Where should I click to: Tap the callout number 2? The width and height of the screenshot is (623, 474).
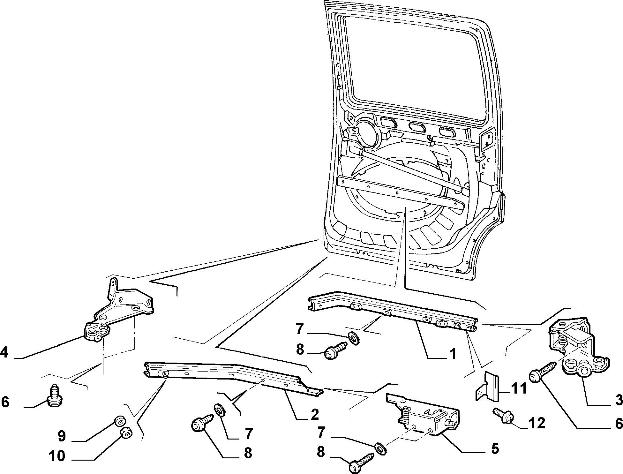[x=314, y=414]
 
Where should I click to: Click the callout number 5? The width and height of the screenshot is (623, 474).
[x=494, y=449]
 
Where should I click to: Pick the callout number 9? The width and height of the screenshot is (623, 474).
[x=61, y=436]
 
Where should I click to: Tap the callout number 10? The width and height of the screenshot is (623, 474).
[x=57, y=457]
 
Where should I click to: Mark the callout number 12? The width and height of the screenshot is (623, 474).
[x=537, y=423]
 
